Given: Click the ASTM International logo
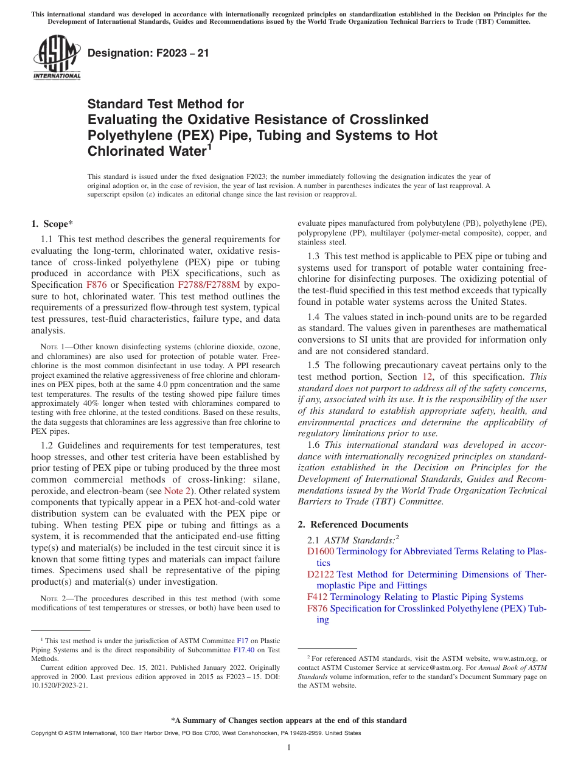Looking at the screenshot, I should (57, 58).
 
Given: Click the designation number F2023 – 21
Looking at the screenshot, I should (148, 53).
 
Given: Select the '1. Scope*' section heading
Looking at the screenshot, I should (52, 224).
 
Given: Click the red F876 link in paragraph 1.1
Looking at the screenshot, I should (97, 285).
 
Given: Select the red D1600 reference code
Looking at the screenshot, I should (320, 551).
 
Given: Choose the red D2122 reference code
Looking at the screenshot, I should (320, 574).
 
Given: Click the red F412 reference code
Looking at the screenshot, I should (318, 598).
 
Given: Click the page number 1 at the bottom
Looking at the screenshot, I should (289, 747).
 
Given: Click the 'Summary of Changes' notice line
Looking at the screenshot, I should (289, 720).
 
